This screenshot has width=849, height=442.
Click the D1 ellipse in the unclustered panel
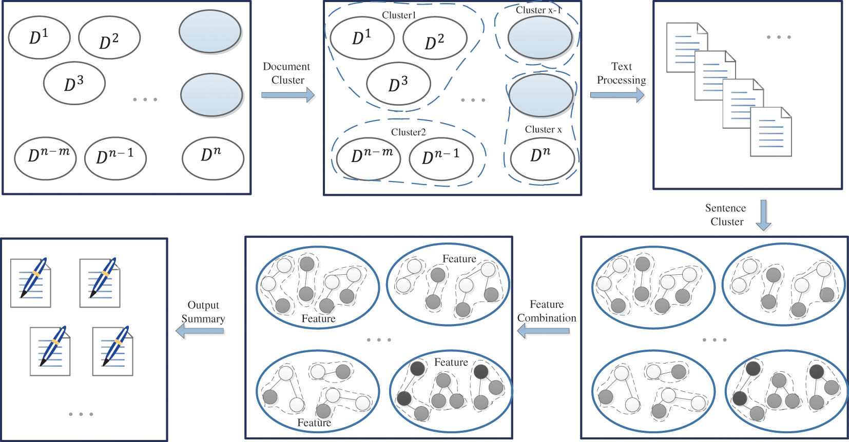(x=40, y=37)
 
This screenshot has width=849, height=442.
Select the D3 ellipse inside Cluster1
(x=398, y=84)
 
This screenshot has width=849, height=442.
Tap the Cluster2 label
(x=408, y=132)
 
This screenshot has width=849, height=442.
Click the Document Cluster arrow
(x=287, y=95)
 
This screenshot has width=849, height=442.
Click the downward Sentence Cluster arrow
(x=764, y=215)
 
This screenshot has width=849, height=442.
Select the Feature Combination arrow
(x=544, y=331)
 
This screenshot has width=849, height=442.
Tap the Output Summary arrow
(x=200, y=331)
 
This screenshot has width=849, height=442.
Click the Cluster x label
(x=543, y=130)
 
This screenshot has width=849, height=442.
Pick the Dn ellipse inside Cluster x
(x=542, y=158)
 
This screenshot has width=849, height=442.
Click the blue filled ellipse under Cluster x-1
(x=540, y=37)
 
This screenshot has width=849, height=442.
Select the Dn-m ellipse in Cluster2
(x=369, y=158)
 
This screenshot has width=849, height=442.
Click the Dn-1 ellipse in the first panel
(x=115, y=158)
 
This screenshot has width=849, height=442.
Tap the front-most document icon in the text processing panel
(x=770, y=132)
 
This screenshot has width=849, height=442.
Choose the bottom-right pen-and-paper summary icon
(x=113, y=351)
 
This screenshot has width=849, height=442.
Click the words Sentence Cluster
(x=726, y=215)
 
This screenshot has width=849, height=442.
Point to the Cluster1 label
(x=398, y=15)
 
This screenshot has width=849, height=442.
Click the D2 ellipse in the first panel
(x=109, y=37)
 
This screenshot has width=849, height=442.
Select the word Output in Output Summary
(x=203, y=305)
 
